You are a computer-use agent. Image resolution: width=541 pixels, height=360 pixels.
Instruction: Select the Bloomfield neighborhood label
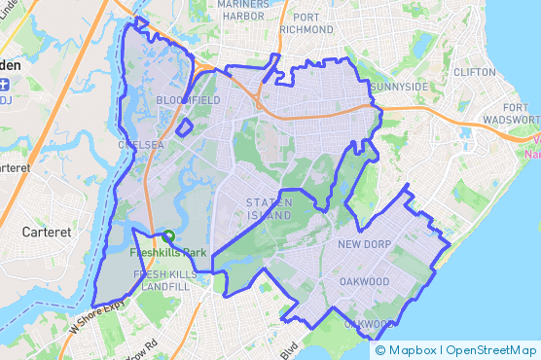[181, 99]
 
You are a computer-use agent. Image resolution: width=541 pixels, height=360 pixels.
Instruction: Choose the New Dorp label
[363, 244]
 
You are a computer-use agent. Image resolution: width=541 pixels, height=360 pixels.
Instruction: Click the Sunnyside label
[399, 87]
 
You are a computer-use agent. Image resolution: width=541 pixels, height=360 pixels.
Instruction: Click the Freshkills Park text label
[168, 253]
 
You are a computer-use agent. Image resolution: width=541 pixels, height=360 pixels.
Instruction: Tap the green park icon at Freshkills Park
[168, 236]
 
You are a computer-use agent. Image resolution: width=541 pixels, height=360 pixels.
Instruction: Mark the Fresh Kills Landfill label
[163, 281]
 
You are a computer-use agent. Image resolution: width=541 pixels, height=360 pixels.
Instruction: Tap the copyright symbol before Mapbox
[380, 350]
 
